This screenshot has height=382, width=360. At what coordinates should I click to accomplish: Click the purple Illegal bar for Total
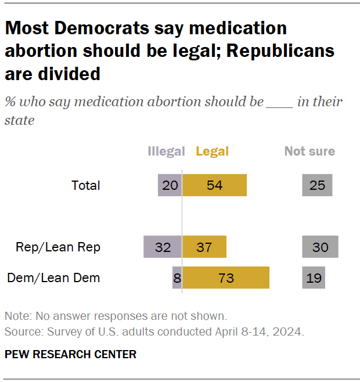[170, 185]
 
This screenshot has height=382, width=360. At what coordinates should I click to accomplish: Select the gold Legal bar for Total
[214, 185]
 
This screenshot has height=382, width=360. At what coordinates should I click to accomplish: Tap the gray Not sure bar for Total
[317, 185]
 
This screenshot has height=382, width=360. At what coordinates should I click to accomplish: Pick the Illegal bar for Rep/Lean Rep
[163, 247]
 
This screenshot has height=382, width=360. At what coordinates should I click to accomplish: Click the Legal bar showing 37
[204, 247]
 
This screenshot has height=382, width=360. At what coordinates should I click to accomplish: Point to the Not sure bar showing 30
[320, 247]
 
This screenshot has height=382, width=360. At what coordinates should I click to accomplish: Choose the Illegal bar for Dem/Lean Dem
[177, 278]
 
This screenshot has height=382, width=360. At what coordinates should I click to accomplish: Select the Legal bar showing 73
[226, 278]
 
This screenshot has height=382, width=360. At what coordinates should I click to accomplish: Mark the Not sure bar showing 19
[314, 278]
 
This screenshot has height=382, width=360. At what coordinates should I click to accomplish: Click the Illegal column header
[166, 152]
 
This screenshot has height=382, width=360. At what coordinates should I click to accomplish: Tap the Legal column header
[213, 152]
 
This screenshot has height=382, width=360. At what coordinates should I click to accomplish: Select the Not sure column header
[309, 152]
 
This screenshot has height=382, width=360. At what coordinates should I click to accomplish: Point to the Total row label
[86, 186]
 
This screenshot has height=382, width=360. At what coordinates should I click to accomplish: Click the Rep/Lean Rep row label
[58, 247]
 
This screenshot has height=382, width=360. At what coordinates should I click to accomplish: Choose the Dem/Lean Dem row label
[53, 278]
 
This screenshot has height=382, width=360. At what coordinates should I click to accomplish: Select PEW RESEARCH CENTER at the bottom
[70, 354]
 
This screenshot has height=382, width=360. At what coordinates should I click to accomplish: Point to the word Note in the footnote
[17, 316]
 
